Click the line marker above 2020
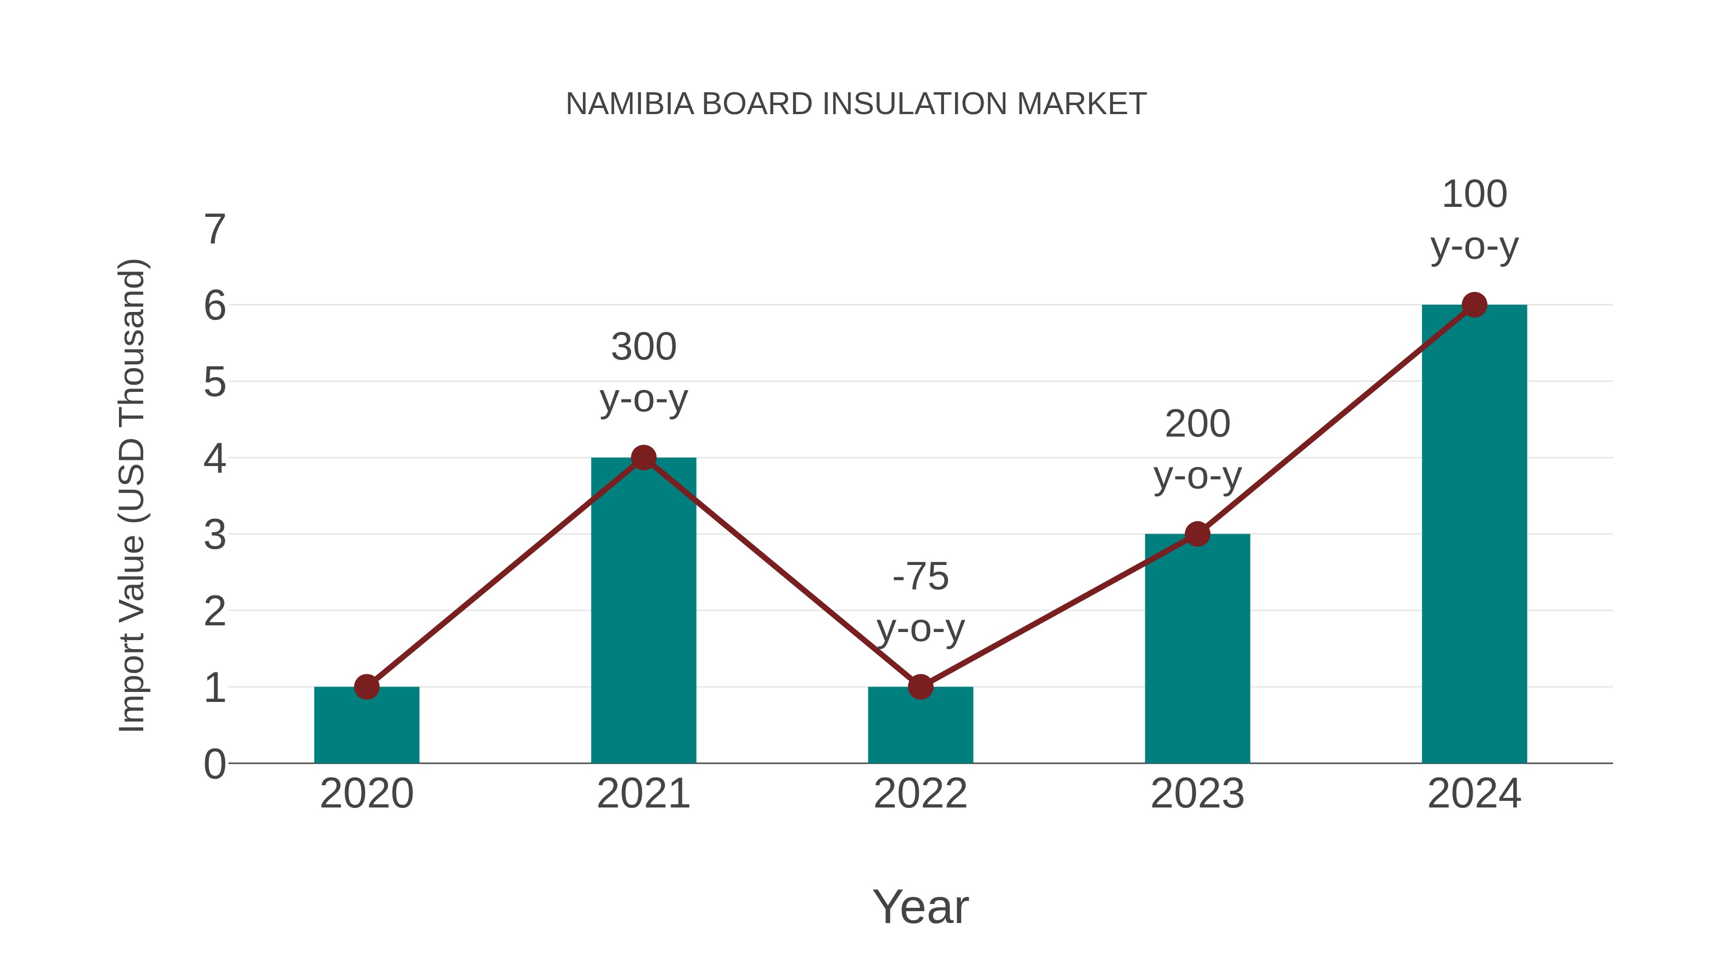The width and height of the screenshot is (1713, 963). point(366,687)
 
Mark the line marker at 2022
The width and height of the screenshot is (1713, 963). point(920,687)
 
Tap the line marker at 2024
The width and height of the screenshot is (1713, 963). point(1474,305)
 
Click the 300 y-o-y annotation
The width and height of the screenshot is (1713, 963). point(643,373)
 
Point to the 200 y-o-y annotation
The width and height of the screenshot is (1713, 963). point(1197,450)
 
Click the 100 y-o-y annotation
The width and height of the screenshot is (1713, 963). point(1474,221)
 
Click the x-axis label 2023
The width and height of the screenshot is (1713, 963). point(1197,794)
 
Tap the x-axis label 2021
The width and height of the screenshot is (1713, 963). point(643,794)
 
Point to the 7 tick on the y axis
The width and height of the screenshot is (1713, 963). point(215,230)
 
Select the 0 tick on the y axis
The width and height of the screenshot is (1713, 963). point(215,764)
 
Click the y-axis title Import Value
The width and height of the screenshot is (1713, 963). point(132,495)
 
